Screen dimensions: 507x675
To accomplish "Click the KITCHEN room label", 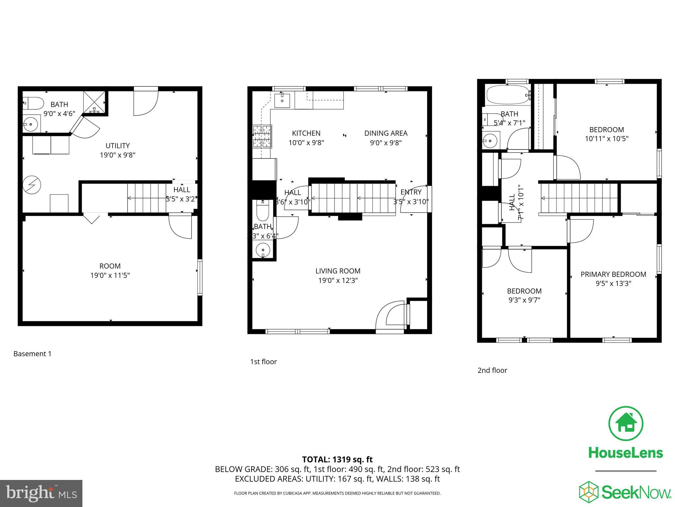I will click(306, 133).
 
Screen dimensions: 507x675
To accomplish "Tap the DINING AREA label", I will click(386, 133).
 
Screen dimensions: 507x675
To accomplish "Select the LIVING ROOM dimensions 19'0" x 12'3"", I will click(338, 281).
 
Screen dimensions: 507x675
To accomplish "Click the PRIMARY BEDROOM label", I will click(613, 274).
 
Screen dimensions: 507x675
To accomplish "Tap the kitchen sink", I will click(282, 100).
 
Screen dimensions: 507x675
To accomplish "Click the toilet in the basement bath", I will click(33, 103).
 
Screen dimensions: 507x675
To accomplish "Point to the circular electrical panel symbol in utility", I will click(32, 185).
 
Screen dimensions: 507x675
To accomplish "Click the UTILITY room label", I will click(118, 146).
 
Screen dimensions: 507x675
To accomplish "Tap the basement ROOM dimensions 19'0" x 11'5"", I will click(110, 276).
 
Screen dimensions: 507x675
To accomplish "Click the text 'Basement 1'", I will click(32, 354).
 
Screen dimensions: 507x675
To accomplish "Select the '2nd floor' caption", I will click(492, 370).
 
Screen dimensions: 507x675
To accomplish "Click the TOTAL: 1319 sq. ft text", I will click(337, 459).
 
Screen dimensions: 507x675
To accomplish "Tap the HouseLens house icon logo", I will click(625, 423).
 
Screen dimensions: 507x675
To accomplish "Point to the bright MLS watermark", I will click(41, 493).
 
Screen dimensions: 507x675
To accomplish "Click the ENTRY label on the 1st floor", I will click(411, 192).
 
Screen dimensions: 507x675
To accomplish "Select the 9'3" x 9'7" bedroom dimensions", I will click(524, 300).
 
